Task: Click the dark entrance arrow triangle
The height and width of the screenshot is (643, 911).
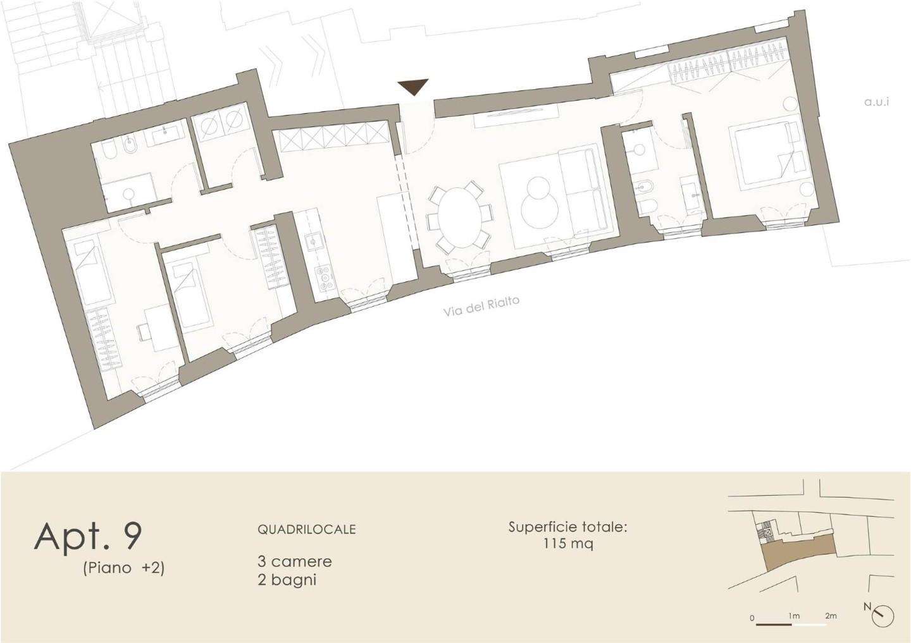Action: click(x=413, y=87)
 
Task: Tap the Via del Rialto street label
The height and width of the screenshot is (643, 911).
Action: click(x=481, y=305)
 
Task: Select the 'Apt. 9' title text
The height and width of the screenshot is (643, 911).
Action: click(x=89, y=537)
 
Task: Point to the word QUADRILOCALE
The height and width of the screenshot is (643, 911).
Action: click(x=307, y=529)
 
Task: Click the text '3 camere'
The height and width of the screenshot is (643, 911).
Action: click(x=295, y=561)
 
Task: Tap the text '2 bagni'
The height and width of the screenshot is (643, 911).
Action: click(x=287, y=580)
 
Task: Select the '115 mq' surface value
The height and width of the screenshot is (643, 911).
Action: click(x=568, y=544)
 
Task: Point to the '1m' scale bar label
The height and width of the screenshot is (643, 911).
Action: click(x=795, y=616)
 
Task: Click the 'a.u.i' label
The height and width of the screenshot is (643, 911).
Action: click(x=876, y=102)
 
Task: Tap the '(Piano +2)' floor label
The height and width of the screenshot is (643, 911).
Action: click(x=123, y=568)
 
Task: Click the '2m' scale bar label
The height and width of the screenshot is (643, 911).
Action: click(x=831, y=616)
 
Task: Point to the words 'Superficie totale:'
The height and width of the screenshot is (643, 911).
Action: click(x=568, y=527)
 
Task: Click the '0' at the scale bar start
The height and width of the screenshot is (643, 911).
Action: click(x=752, y=618)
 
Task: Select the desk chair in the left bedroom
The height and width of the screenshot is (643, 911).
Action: click(x=143, y=332)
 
